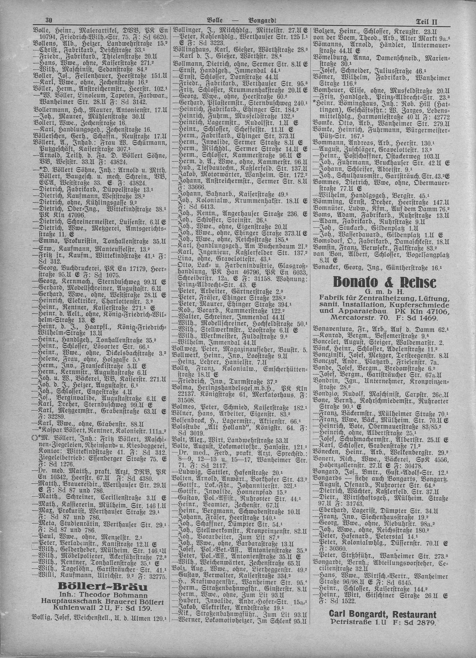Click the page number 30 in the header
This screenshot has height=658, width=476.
point(48,20)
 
